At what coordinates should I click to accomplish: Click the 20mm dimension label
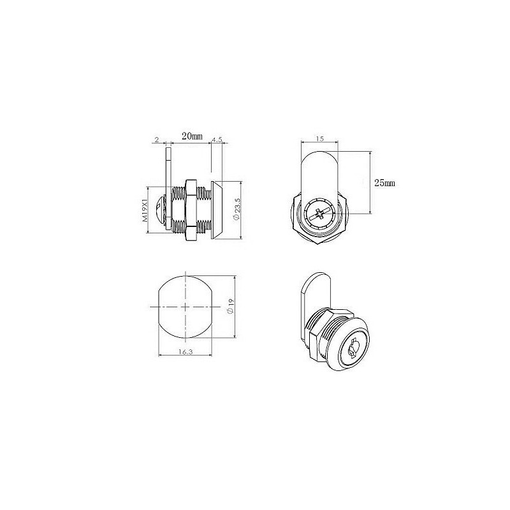pos(193,136)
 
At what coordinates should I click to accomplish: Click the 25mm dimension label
pos(385,183)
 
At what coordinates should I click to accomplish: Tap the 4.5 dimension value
pos(217,139)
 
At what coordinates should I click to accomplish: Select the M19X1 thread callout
pos(145,210)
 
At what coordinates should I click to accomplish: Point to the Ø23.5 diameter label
pos(237,209)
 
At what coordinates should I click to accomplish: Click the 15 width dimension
pos(320,139)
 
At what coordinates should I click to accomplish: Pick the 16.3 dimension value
pos(186,352)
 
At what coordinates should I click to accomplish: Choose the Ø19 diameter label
pos(231,307)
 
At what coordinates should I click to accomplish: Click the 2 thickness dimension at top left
pos(157,140)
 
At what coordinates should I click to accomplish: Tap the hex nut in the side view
pos(191,210)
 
